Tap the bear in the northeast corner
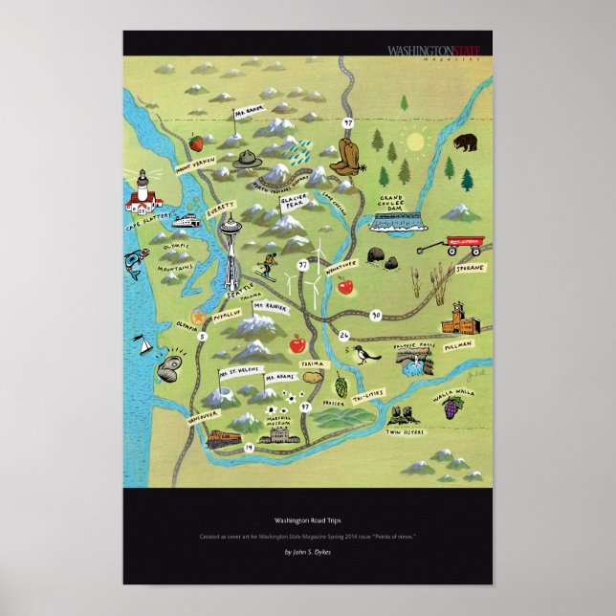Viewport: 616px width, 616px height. click(x=467, y=144)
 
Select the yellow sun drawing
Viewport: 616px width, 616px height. click(x=416, y=143)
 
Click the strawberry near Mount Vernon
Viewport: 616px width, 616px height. click(x=197, y=143)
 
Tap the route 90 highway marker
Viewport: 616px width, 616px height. click(x=376, y=314)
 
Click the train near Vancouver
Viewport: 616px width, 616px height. click(x=222, y=437)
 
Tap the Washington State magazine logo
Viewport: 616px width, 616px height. click(x=432, y=51)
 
